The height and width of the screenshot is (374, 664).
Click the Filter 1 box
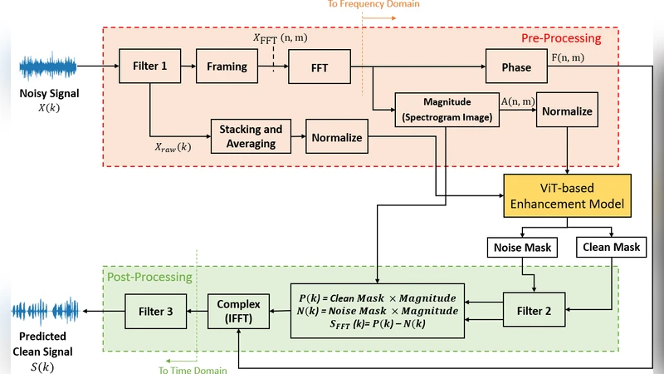pyautogui.click(x=150, y=66)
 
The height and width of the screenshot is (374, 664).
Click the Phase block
pyautogui.click(x=517, y=66)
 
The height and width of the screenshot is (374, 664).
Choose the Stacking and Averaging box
pyautogui.click(x=251, y=136)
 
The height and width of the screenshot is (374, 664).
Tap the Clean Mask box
pyautogui.click(x=611, y=249)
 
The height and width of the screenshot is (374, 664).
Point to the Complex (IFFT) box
pyautogui.click(x=238, y=311)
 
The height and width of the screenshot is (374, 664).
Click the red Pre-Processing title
pyautogui.click(x=561, y=38)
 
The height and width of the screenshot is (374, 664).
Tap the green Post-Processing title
pyautogui.click(x=149, y=277)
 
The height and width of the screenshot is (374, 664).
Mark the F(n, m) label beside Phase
pyautogui.click(x=569, y=57)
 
